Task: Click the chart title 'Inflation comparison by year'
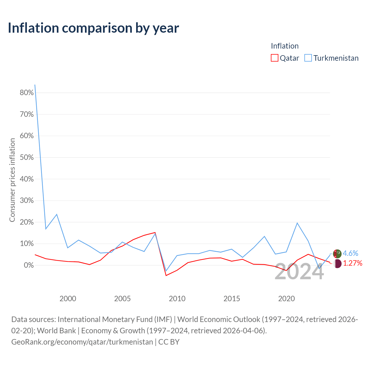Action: pyautogui.click(x=93, y=28)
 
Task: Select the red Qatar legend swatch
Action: pyautogui.click(x=274, y=58)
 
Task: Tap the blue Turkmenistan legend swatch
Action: pyautogui.click(x=308, y=58)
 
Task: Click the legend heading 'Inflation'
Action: pyautogui.click(x=284, y=46)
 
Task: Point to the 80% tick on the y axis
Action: pyautogui.click(x=27, y=93)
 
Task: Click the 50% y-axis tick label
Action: pyautogui.click(x=27, y=158)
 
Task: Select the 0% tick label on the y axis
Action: pyautogui.click(x=29, y=265)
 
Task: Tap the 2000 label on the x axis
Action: pyautogui.click(x=68, y=299)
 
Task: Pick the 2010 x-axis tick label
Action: pyautogui.click(x=177, y=299)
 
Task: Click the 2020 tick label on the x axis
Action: pyautogui.click(x=286, y=299)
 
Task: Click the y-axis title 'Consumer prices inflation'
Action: pyautogui.click(x=12, y=180)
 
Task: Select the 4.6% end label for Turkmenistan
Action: pyautogui.click(x=350, y=253)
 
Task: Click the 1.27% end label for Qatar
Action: pyautogui.click(x=353, y=263)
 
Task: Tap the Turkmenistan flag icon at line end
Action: pyautogui.click(x=337, y=254)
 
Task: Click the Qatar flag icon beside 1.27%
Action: pyautogui.click(x=337, y=263)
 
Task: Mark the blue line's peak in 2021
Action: pyautogui.click(x=297, y=223)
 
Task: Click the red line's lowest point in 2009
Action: pyautogui.click(x=166, y=275)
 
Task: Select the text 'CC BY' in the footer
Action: pyautogui.click(x=169, y=342)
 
